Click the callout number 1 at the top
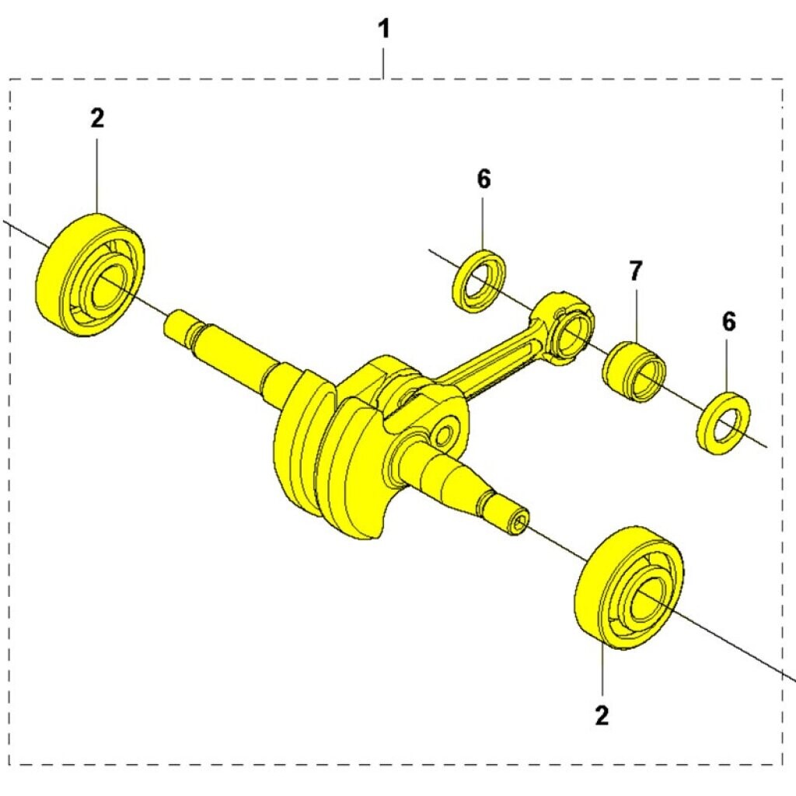pyautogui.click(x=384, y=29)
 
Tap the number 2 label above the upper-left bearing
pyautogui.click(x=97, y=118)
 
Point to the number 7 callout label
pyautogui.click(x=636, y=271)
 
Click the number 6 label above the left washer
pyautogui.click(x=484, y=180)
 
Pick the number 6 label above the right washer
pyautogui.click(x=728, y=322)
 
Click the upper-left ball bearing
pyautogui.click(x=91, y=274)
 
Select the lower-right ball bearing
pyautogui.click(x=629, y=588)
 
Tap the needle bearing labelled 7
pyautogui.click(x=634, y=372)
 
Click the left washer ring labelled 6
pyautogui.click(x=479, y=281)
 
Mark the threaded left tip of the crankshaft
pyautogui.click(x=179, y=324)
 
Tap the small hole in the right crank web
pyautogui.click(x=443, y=434)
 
